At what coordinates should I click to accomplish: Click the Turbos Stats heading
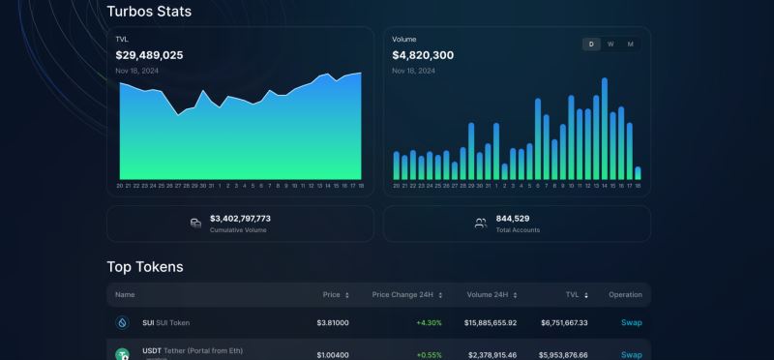point(149,12)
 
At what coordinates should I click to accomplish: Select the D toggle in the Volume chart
point(591,45)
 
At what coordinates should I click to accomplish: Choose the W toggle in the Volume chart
point(610,45)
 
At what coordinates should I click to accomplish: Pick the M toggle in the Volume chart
point(631,45)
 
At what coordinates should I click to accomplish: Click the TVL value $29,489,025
point(149,55)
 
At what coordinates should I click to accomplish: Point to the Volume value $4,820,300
point(422,55)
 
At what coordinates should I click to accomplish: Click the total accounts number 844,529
point(512,219)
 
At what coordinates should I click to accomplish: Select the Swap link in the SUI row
point(631,322)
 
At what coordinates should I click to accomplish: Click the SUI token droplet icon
point(123,322)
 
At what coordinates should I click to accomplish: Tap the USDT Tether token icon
point(123,354)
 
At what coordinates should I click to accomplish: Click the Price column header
point(332,294)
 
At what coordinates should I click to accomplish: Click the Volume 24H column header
point(492,294)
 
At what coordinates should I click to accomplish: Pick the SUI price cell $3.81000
point(333,322)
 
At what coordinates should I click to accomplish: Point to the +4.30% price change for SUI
point(429,322)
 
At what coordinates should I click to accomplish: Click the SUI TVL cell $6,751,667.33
point(560,322)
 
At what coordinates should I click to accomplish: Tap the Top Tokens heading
point(144,266)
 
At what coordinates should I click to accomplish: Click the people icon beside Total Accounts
point(480,224)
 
